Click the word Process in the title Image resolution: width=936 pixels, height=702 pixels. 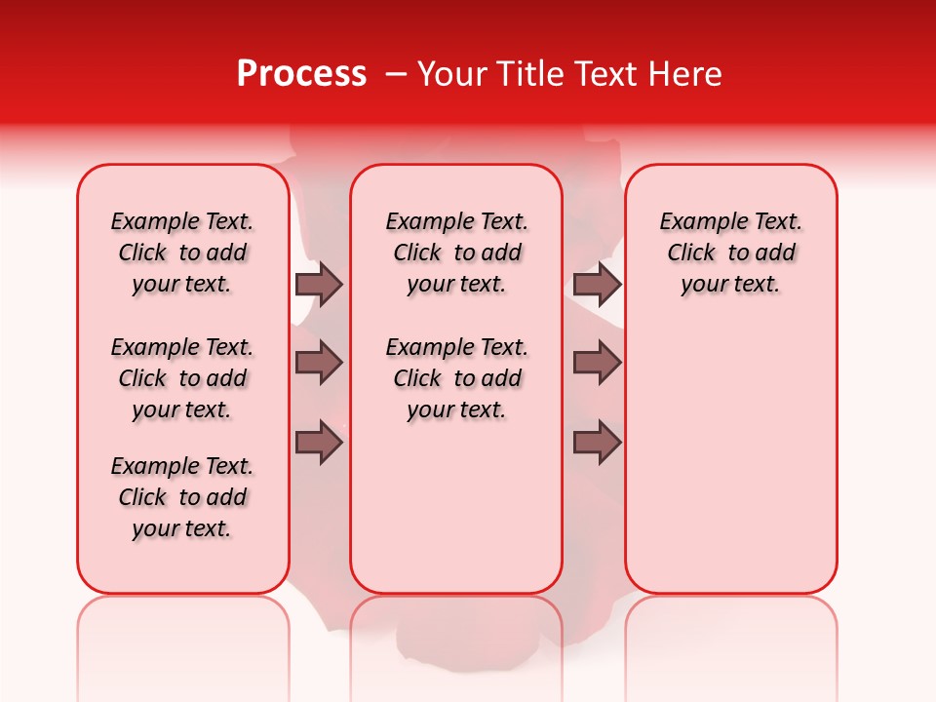[301, 74]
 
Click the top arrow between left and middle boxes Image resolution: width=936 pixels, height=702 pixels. [319, 284]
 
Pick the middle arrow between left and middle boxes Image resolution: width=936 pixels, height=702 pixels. [319, 363]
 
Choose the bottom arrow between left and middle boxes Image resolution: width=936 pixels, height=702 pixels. [319, 443]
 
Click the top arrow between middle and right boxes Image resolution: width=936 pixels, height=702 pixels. [597, 284]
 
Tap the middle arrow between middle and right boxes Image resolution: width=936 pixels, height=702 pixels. [597, 363]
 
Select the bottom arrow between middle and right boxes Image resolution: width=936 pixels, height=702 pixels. [597, 443]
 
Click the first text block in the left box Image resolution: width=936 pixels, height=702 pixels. [182, 253]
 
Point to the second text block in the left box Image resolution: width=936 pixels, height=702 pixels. [182, 378]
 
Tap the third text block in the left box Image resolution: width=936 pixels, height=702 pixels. [182, 497]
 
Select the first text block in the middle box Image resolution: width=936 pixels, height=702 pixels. [456, 253]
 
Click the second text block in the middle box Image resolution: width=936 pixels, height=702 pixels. [456, 378]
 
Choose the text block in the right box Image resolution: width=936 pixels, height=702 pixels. [730, 253]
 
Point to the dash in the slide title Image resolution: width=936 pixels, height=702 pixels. [396, 74]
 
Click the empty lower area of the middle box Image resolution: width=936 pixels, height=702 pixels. [456, 507]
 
